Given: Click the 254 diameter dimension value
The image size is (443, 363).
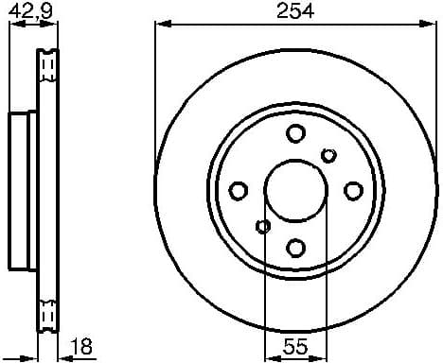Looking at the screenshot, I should tap(294, 11).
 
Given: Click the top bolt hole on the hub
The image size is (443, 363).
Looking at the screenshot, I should tap(295, 133).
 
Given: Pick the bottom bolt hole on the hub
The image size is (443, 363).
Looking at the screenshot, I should tap(295, 248).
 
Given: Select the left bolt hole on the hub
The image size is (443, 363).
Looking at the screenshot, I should tap(239, 190).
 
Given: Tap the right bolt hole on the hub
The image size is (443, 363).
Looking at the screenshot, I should tap(352, 190).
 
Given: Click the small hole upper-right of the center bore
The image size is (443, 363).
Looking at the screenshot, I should tap(329, 155).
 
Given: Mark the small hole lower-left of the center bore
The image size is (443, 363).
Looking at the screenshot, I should tap(262, 226).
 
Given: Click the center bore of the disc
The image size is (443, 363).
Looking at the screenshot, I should tap(295, 190).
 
